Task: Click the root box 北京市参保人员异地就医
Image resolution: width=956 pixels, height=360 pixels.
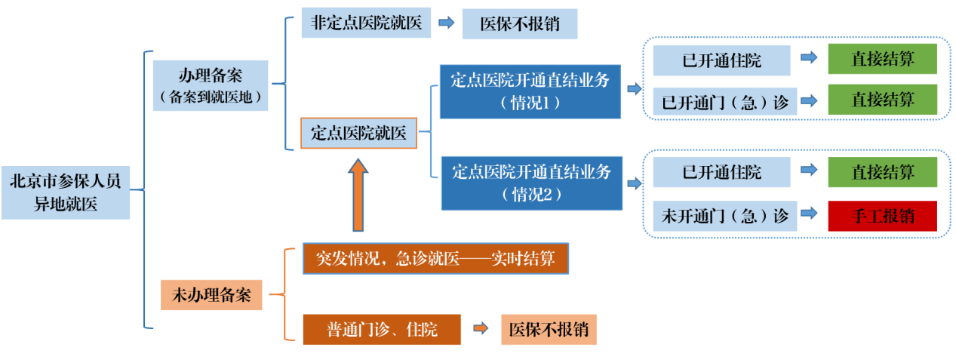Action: [x=65, y=192]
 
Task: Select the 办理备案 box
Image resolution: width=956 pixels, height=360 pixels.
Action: [x=211, y=85]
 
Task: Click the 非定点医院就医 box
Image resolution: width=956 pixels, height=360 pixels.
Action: [x=366, y=23]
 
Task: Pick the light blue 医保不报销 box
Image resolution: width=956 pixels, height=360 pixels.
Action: [x=520, y=24]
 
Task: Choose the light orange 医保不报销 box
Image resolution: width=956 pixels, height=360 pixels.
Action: [x=549, y=330]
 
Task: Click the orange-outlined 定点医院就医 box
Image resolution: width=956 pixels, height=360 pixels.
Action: [x=359, y=134]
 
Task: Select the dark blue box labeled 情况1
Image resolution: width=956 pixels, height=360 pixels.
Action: [x=530, y=91]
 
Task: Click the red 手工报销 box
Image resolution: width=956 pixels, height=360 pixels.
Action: [x=882, y=216]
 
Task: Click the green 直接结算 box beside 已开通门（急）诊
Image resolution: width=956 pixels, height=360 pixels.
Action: [x=882, y=100]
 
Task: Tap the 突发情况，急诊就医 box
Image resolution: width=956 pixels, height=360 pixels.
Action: [x=435, y=259]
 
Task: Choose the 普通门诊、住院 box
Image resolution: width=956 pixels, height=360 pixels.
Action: [x=382, y=330]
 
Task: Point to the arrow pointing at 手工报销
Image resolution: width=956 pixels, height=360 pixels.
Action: [x=809, y=215]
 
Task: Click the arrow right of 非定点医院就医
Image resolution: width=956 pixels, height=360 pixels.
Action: [x=446, y=23]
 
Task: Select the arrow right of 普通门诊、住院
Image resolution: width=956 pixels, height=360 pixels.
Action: [x=481, y=329]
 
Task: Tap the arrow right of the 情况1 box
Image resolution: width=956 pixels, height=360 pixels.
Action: [x=632, y=89]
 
